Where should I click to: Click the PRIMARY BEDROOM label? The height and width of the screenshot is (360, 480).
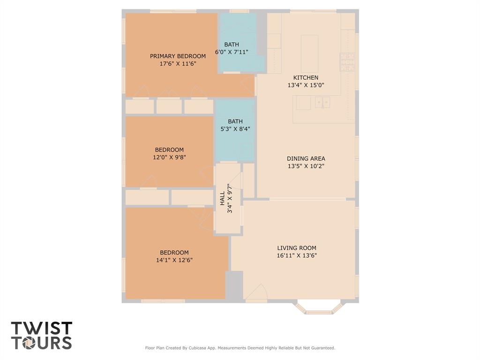coord(178,56)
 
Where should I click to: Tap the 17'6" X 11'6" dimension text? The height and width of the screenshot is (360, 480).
coord(178,64)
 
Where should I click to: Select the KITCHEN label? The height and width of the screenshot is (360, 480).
coord(306,78)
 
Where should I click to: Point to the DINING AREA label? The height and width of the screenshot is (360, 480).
coord(306,158)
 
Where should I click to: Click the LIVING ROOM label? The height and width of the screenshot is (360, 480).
coord(297,248)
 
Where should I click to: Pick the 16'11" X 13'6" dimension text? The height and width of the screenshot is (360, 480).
coord(297,255)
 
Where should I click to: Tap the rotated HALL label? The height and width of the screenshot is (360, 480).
coord(223,198)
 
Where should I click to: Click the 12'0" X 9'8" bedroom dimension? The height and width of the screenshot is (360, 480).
coord(169,157)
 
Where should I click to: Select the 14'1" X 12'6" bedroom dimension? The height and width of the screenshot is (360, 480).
coord(174,260)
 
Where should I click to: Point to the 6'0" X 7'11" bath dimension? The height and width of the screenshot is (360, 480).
coord(232,52)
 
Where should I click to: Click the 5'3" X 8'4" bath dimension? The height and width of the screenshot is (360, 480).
coord(235,129)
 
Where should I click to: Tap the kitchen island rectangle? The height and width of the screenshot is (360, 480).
coord(309,53)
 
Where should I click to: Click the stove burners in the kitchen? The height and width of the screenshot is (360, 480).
coord(347,62)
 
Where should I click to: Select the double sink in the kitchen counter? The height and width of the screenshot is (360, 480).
coord(322,103)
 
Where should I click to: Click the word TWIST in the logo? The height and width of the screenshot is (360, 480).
coord(42,328)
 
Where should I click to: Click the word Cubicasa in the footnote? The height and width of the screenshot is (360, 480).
coord(196,348)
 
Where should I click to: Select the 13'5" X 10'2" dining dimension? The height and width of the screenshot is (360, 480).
coord(306,166)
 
